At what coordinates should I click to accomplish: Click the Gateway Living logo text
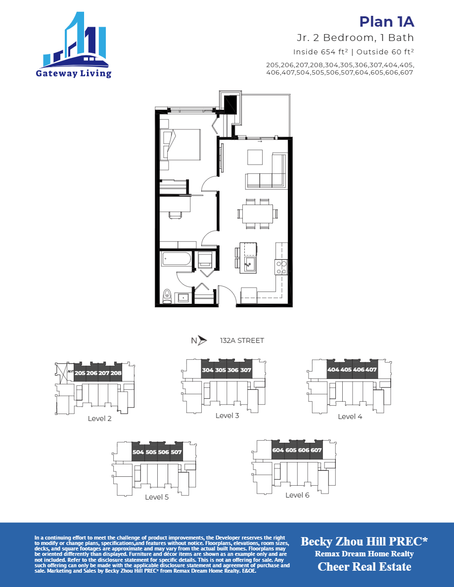click(73, 74)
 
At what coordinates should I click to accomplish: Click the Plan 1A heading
click(386, 22)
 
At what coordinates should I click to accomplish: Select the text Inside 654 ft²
click(320, 52)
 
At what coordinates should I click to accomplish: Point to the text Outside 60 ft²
click(385, 52)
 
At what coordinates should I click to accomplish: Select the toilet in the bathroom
click(167, 295)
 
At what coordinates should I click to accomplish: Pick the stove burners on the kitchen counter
click(281, 267)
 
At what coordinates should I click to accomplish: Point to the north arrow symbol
click(201, 340)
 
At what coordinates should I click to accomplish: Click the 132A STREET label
click(242, 340)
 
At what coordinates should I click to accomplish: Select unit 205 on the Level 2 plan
click(80, 374)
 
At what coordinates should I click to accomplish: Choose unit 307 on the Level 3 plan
click(246, 370)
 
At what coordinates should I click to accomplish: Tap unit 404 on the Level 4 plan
click(333, 370)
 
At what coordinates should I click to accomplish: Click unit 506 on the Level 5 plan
click(164, 452)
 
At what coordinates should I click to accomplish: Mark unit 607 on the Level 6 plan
click(317, 450)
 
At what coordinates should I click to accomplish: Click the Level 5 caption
click(157, 497)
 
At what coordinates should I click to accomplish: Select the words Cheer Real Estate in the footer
click(364, 567)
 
